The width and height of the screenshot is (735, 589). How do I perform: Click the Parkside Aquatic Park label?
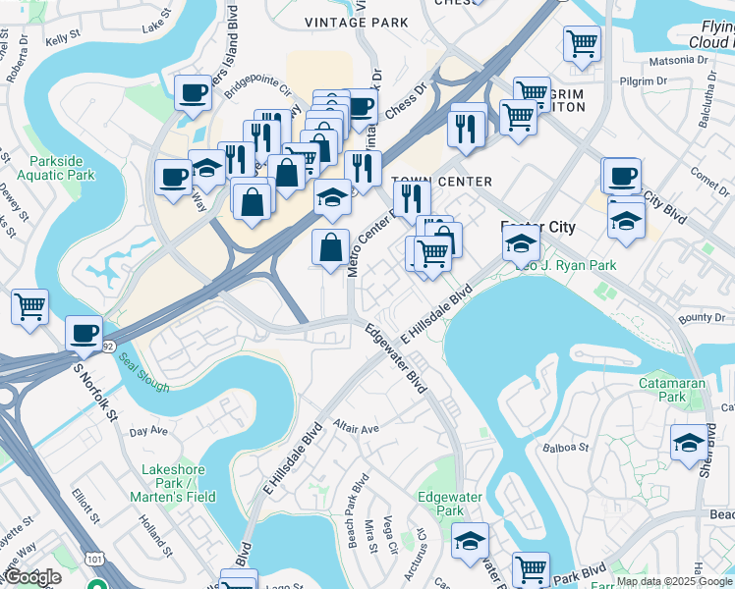[62, 168]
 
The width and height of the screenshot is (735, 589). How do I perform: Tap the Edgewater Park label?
[439, 504]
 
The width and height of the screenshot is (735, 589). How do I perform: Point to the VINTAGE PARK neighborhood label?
[342, 22]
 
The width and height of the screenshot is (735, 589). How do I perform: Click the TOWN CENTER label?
[441, 183]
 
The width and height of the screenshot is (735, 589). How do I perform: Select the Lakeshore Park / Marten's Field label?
[173, 483]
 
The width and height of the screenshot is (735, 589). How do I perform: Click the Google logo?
[31, 577]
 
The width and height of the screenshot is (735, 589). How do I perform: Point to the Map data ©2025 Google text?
[674, 581]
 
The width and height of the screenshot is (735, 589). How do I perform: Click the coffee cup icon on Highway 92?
[85, 333]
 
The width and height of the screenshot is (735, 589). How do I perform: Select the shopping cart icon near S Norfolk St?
[29, 306]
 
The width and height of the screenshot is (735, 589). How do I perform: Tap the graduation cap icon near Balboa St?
[689, 443]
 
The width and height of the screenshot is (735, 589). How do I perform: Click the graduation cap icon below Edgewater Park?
[470, 540]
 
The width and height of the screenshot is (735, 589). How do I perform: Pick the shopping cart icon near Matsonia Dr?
[582, 43]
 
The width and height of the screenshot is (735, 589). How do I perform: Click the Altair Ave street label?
[356, 429]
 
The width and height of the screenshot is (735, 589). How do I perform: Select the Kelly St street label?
[61, 38]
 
